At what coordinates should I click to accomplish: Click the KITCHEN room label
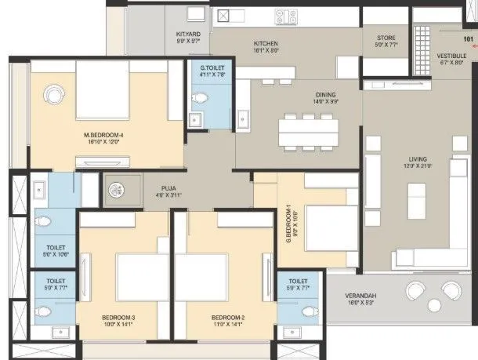pos(266,43)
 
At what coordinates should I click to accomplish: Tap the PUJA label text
pos(167,188)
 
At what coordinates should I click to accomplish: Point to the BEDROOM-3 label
pos(118,318)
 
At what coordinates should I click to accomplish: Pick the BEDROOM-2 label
pos(228,318)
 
